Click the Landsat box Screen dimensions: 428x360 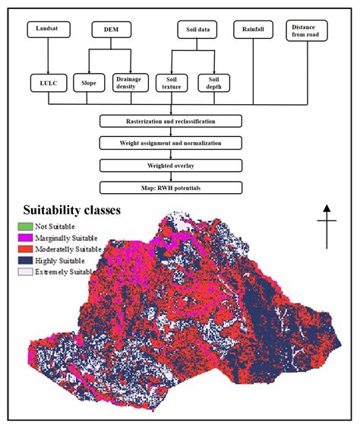pyautogui.click(x=49, y=30)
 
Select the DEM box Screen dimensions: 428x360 pyautogui.click(x=110, y=30)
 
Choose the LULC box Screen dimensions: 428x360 pyautogui.click(x=49, y=82)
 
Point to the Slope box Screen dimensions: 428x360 pyautogui.click(x=89, y=82)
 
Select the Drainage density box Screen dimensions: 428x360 pyautogui.click(x=129, y=82)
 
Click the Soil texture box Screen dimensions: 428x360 pyautogui.click(x=170, y=82)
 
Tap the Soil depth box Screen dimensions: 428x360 pyautogui.click(x=213, y=82)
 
